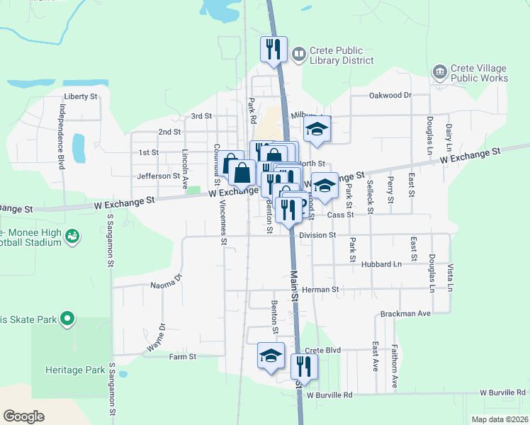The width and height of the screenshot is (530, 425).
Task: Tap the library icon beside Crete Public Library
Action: [x=299, y=54]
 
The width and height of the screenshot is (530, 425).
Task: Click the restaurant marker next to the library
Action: [x=274, y=50]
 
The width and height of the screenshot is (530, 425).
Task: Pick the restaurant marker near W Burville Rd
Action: [x=304, y=367]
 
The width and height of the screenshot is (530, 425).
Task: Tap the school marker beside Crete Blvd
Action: [x=271, y=356]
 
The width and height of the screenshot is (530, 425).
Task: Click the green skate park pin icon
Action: [x=67, y=319]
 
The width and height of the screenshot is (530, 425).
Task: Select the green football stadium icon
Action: [x=72, y=236]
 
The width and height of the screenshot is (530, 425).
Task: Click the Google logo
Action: [x=23, y=416]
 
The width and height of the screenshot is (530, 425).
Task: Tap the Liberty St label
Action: [x=79, y=96]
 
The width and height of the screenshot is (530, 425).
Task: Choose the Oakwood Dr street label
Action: [x=390, y=95]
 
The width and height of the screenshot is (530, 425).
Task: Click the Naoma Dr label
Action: [x=167, y=282]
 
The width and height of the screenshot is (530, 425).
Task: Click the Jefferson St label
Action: [x=159, y=176]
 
